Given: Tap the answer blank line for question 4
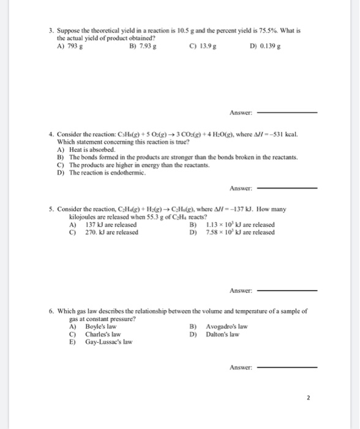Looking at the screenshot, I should tap(288, 188).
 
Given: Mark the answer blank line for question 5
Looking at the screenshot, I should tap(288, 290).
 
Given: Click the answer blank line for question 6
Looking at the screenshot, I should tap(288, 368).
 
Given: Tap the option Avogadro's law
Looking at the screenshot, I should tap(224, 327).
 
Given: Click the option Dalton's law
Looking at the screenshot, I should tap(221, 335).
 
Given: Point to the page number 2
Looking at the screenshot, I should tap(309, 397).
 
